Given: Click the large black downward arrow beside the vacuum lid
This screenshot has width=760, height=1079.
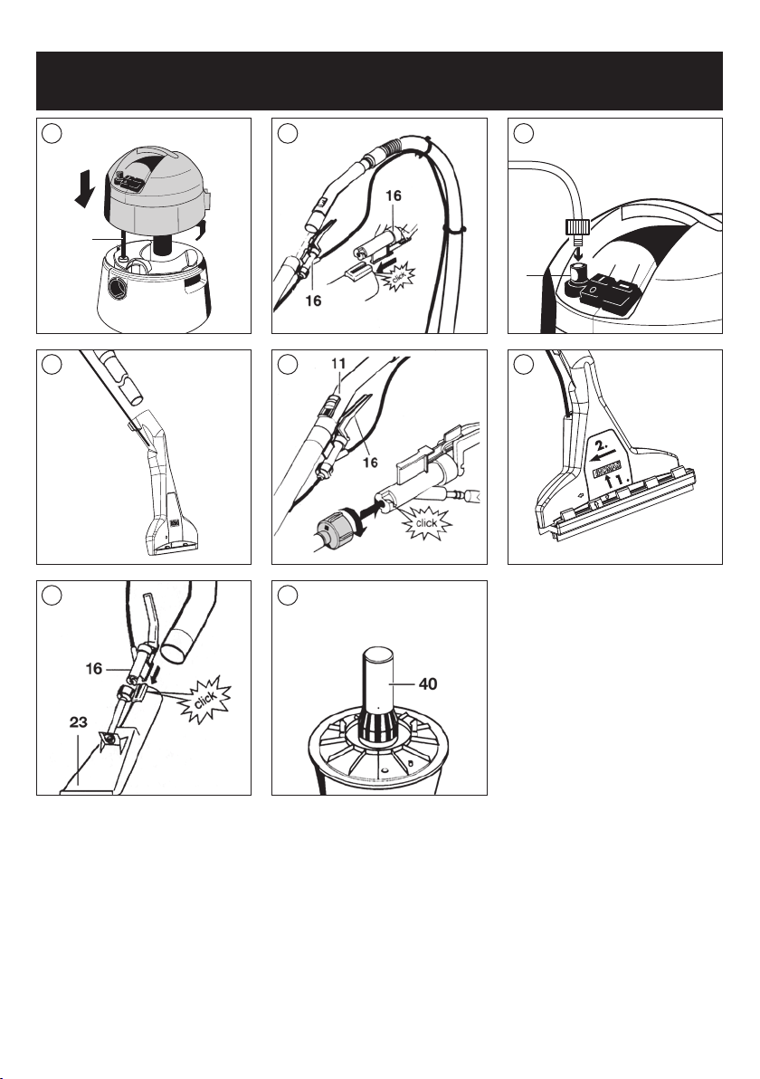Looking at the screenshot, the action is (x=85, y=189).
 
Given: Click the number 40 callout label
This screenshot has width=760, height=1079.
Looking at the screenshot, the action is (x=428, y=684).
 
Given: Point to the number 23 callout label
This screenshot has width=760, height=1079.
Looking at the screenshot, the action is (x=79, y=721).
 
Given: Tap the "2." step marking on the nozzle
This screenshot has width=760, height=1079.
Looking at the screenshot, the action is (x=603, y=438).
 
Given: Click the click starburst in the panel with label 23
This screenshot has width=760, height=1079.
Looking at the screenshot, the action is (x=204, y=700).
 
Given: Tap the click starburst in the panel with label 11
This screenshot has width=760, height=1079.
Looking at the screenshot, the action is (x=426, y=524).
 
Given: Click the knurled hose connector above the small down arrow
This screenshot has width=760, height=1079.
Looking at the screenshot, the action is (x=575, y=225).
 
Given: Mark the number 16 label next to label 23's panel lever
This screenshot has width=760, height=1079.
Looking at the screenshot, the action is (x=94, y=668).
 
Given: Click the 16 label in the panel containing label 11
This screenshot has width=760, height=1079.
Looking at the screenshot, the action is (x=370, y=463).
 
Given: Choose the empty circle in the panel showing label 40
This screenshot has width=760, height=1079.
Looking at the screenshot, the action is (x=288, y=596).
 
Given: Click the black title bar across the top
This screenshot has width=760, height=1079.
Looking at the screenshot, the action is (x=380, y=81).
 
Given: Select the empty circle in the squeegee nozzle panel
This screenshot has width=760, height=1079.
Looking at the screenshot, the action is (x=523, y=365).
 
